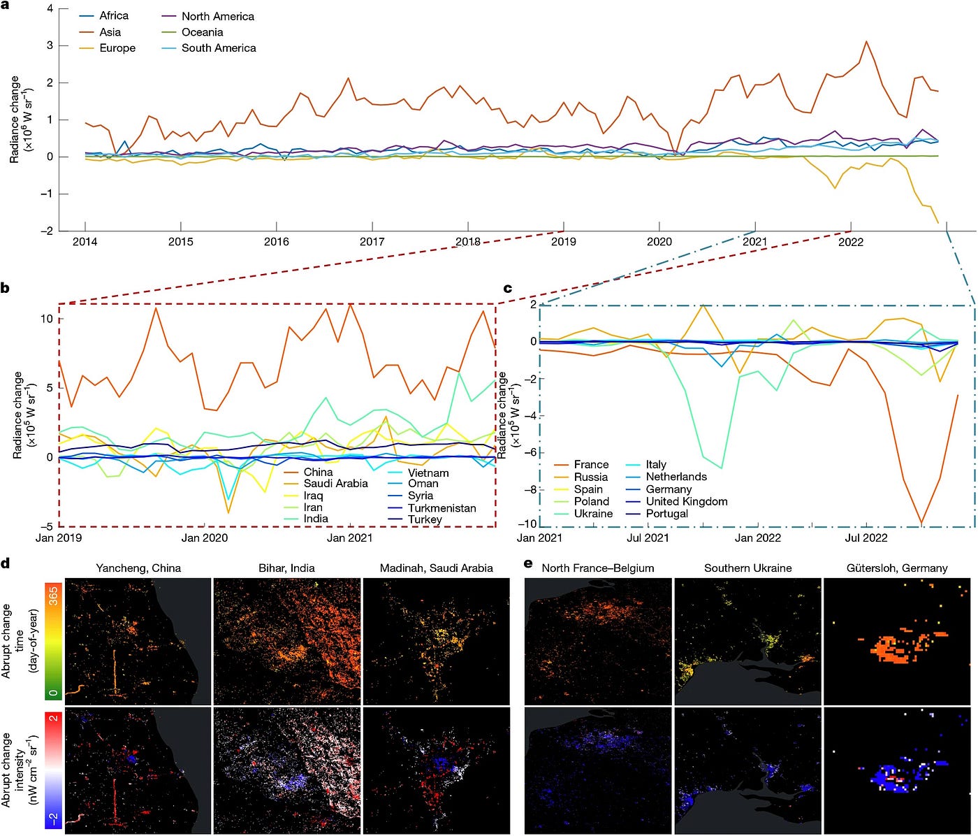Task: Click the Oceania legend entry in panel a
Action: point(192,32)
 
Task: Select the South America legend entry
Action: point(209,48)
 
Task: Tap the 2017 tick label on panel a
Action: point(372,241)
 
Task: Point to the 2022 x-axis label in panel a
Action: point(851,242)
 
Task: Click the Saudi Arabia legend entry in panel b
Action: point(326,483)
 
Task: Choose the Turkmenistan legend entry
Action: point(432,508)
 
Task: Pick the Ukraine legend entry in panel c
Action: point(583,514)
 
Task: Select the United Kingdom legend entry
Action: point(676,501)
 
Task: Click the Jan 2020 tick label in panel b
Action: point(205,538)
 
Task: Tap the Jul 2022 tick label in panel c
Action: point(866,538)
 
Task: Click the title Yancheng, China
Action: point(138,568)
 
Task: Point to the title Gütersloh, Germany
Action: point(897,568)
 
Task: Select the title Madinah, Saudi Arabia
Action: point(436,568)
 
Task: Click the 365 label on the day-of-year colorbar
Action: point(54,596)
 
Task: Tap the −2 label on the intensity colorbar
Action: point(54,818)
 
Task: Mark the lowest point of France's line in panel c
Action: point(921,524)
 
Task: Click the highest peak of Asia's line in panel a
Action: point(866,41)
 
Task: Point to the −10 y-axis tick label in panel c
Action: point(527,524)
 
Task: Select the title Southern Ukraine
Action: point(747,568)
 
